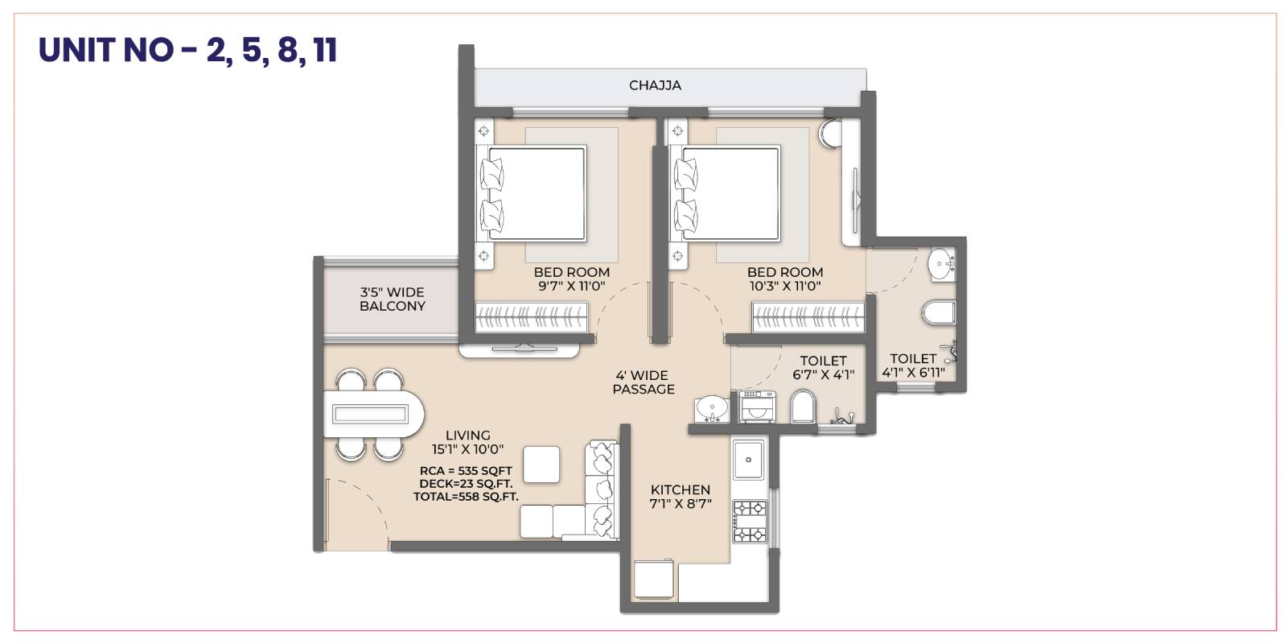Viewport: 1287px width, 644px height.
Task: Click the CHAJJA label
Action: coord(655,85)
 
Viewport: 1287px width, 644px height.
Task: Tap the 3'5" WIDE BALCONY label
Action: coord(393,299)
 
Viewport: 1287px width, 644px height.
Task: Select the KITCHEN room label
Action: coord(681,490)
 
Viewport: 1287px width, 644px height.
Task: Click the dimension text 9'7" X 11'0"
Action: coord(572,286)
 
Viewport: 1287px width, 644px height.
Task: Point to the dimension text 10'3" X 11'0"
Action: coord(785,286)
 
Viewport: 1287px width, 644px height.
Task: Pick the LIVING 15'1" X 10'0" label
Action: coord(467,442)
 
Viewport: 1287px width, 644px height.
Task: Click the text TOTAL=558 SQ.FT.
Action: coord(466,496)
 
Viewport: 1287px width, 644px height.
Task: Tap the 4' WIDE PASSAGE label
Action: coord(643,382)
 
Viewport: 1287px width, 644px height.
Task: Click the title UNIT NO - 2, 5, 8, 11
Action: coord(188,50)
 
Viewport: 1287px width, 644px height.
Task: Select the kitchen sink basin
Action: coord(748,460)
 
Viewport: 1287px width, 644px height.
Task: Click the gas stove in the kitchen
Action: coord(750,522)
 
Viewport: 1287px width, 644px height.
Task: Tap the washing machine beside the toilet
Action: coord(757,407)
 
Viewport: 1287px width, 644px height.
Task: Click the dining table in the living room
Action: coord(374,414)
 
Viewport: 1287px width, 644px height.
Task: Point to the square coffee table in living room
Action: coord(541,464)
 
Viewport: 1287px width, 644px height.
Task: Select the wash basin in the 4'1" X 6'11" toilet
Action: coord(941,265)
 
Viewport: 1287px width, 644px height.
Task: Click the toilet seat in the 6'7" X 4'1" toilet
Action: coord(803,406)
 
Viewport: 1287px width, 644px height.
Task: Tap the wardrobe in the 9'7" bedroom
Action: coord(531,317)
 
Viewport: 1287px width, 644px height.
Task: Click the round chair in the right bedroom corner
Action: coord(830,134)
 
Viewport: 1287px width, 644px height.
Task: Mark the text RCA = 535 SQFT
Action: coord(466,471)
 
